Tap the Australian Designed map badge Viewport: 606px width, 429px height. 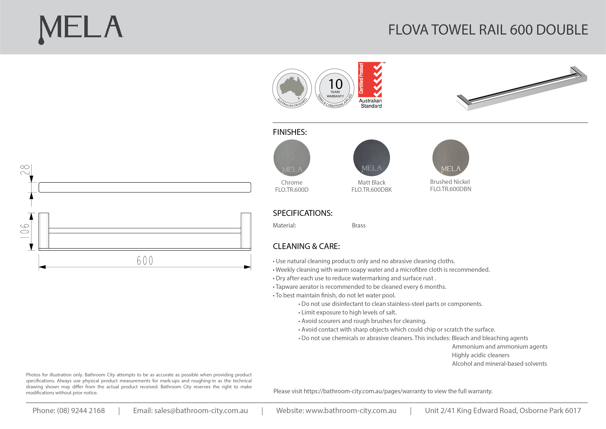tap(292, 89)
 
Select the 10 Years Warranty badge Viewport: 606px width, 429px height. tap(335, 89)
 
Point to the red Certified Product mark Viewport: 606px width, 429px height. tap(370, 80)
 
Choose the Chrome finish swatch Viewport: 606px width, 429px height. tap(292, 158)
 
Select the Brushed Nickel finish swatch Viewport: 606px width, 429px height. tap(450, 158)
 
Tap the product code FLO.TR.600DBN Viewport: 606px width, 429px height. tap(450, 189)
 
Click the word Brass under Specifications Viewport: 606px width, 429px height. tap(358, 225)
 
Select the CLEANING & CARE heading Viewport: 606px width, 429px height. tap(306, 246)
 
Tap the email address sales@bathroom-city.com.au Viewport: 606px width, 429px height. tap(201, 411)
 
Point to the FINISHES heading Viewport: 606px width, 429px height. tap(290, 132)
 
